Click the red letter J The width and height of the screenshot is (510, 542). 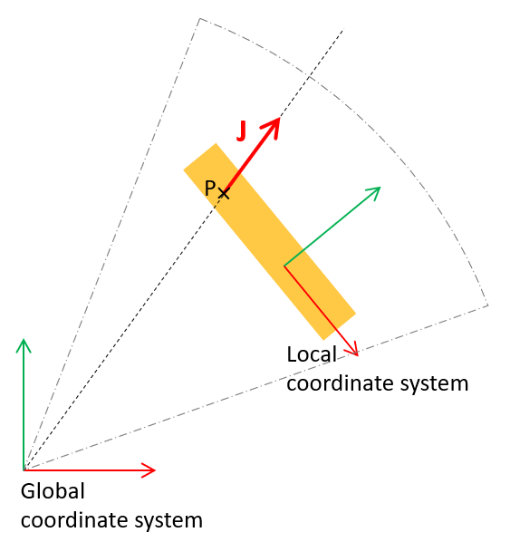coord(242,131)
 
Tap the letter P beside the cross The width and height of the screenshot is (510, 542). coord(210,189)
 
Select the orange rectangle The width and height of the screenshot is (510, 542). coord(270,241)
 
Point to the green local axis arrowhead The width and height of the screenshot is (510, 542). coord(373,193)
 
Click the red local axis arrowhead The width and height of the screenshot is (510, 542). coord(352,349)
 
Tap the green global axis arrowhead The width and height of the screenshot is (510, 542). coord(24,345)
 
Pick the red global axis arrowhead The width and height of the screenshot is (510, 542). coord(149,470)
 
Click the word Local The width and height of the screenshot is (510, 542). coord(312,354)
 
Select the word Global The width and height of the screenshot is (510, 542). coord(53,491)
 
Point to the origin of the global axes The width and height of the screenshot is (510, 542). coord(24,470)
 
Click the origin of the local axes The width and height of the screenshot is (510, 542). coord(284,266)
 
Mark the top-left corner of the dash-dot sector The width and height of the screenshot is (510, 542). coord(200,18)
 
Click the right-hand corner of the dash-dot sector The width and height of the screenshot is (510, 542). coord(488,305)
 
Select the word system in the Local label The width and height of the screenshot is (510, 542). coord(434,384)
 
